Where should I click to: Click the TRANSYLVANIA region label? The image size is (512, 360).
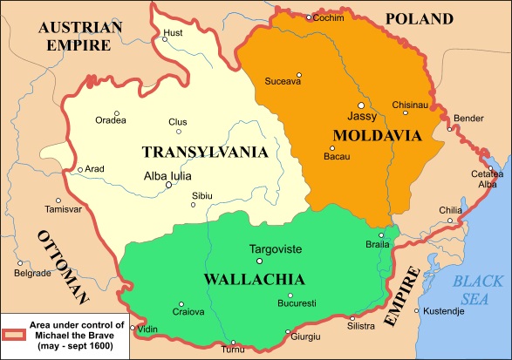[204, 152]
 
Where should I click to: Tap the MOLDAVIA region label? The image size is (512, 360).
[376, 135]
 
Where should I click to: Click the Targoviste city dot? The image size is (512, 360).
[258, 261]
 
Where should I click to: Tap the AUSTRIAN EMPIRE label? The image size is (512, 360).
[79, 36]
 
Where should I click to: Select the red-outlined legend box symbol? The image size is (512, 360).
[14, 332]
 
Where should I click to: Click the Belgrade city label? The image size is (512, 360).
[33, 273]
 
